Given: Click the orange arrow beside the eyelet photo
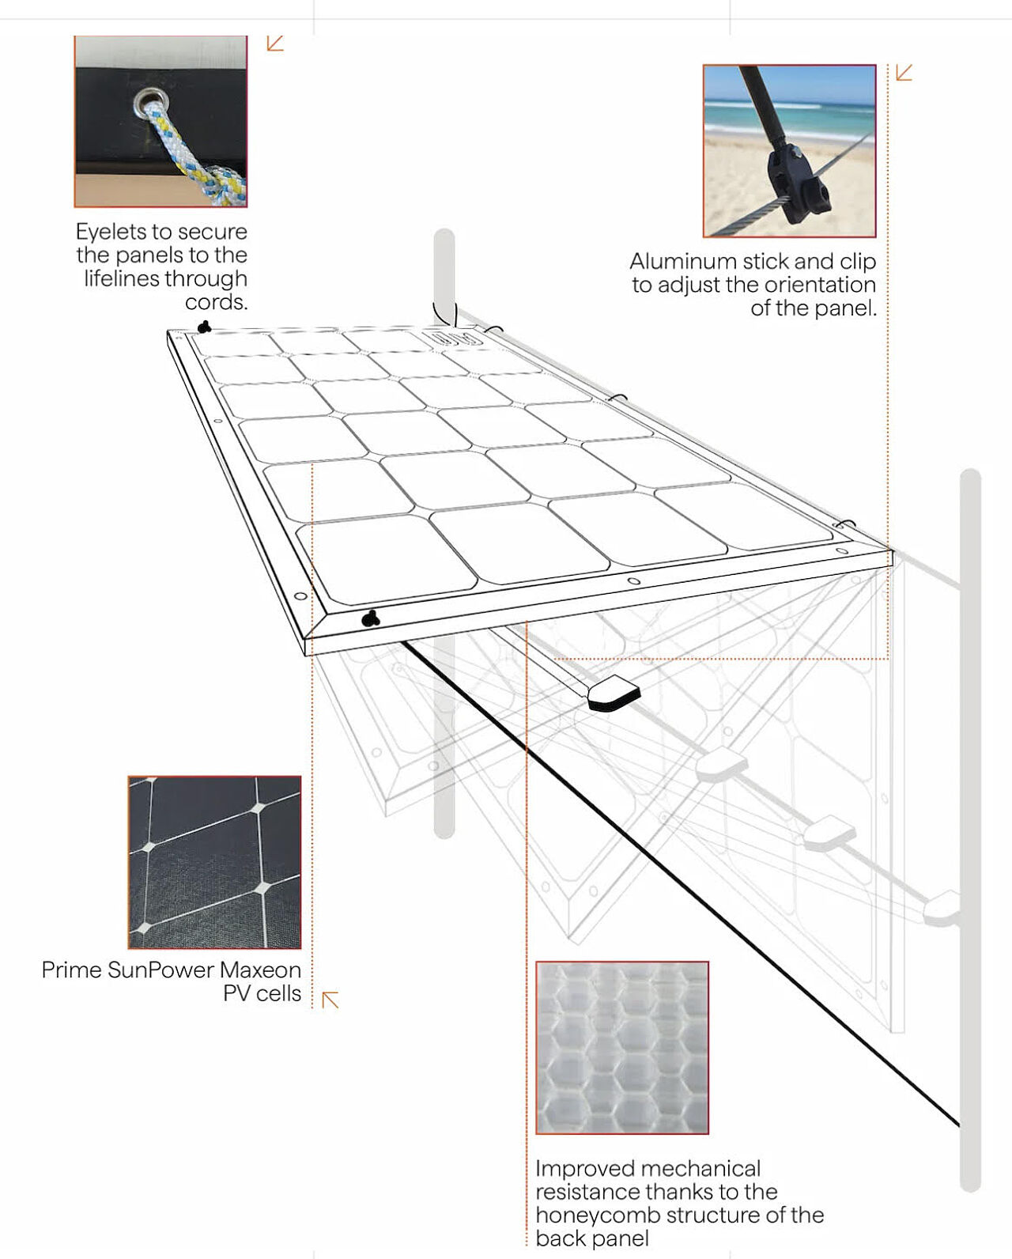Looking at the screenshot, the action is pos(275,43).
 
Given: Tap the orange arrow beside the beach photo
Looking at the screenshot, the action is pos(904,73).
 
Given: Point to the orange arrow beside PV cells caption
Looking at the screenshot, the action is pos(330,1000).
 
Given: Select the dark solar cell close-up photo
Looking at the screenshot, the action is pos(215,862).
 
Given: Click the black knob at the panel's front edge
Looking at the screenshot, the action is pos(370,618).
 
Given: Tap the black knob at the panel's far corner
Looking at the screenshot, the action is pos(204,327).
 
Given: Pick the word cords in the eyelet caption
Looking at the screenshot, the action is pos(215,302).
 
